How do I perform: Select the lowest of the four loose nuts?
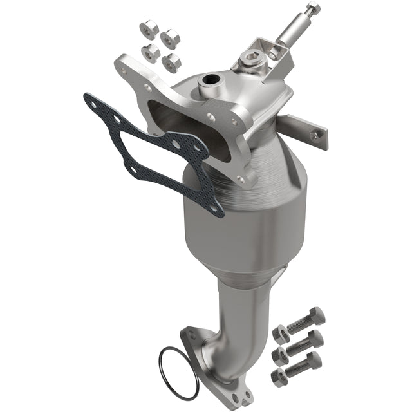point(172,62)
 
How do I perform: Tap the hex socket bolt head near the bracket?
point(249,62)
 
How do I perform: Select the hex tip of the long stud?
point(314,8)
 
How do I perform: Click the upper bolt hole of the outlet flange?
point(190,334)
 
